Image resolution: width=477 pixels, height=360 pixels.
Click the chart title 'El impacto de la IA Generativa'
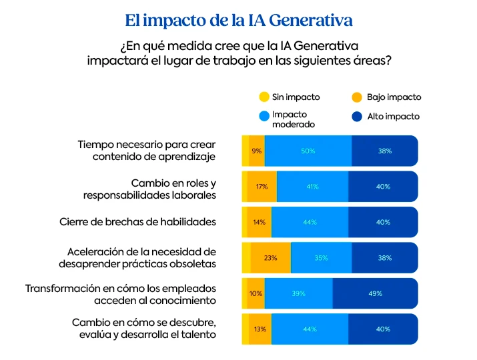pos(238,21)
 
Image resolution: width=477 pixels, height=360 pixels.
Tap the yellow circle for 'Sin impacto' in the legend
pos(264,97)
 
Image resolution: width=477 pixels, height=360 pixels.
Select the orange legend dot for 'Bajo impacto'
pos(357,97)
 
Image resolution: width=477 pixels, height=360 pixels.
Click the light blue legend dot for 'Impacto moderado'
pos(264,117)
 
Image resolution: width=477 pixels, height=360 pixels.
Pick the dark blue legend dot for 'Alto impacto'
pos(357,117)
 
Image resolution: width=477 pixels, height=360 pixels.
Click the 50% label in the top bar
pos(308,151)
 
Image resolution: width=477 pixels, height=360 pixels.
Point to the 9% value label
pos(257,151)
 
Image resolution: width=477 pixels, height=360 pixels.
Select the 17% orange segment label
pos(262,187)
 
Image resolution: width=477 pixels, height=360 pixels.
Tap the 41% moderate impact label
pos(312,187)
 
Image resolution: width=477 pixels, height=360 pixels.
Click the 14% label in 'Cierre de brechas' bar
pos(260,223)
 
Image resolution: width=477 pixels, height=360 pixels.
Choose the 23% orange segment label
pos(270,258)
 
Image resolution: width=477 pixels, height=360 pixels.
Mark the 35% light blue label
pos(321,258)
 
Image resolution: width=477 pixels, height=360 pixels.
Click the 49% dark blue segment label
pos(375,294)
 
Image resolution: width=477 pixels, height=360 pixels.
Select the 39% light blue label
pos(298,294)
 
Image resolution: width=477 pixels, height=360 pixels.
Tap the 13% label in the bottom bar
pos(260,329)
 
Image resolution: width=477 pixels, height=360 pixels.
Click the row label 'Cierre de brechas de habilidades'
pos(137,222)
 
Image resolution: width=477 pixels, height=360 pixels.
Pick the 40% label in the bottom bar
pos(383,329)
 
